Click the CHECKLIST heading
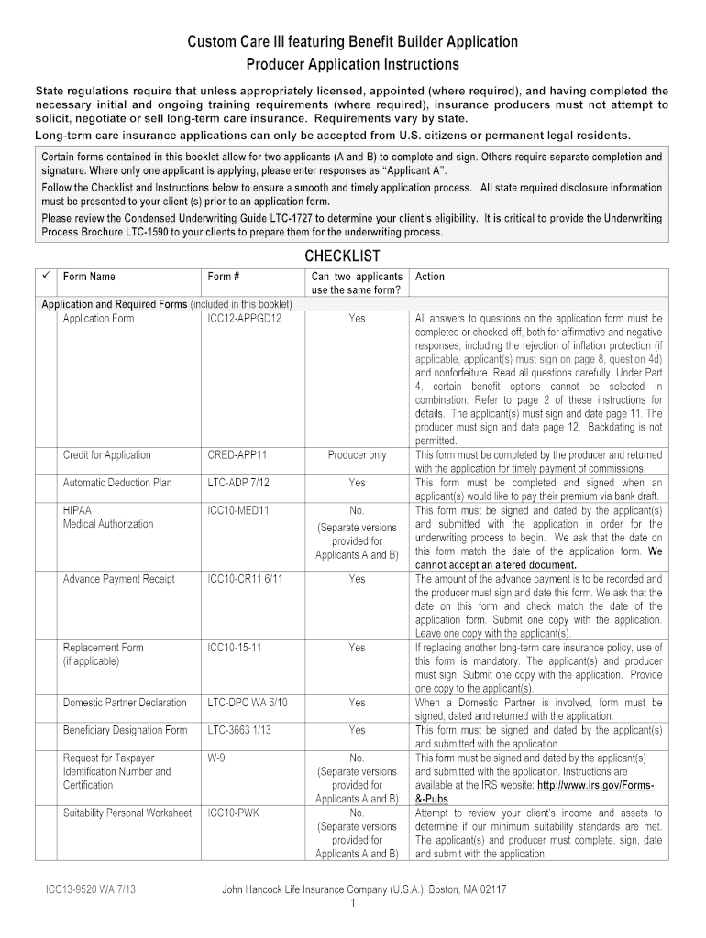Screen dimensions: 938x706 point(342,255)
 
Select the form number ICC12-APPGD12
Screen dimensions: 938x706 point(244,319)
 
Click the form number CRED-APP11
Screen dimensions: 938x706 point(237,455)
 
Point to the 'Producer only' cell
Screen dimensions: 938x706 point(357,455)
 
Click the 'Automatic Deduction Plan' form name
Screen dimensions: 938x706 point(117,483)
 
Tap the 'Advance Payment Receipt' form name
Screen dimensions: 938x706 point(118,579)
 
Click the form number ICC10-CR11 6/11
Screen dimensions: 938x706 point(245,579)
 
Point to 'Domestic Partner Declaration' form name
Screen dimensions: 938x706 point(125,703)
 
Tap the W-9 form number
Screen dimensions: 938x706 point(217,758)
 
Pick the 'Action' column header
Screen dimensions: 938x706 point(430,276)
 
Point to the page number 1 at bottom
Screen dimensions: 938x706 point(352,904)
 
